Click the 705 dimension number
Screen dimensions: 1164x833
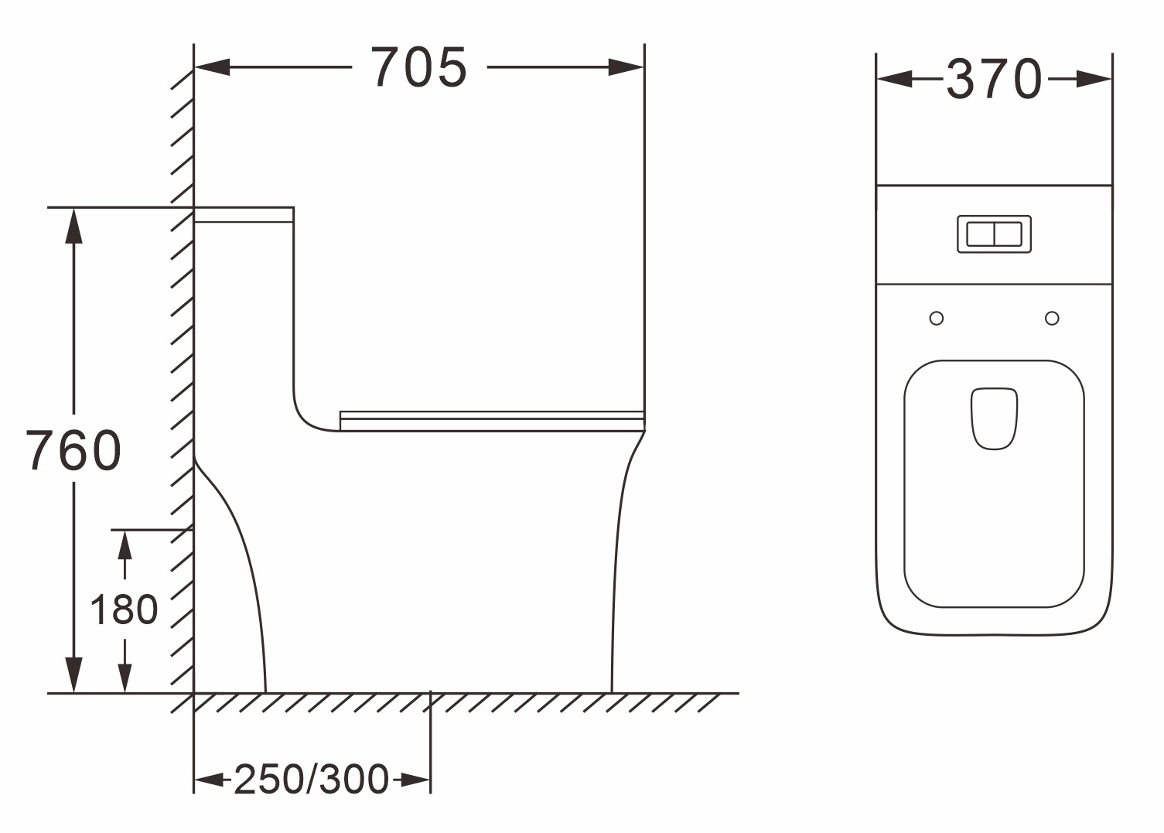[x=419, y=67]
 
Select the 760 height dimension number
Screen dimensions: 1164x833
[x=73, y=450]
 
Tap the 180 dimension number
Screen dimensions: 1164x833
[x=124, y=609]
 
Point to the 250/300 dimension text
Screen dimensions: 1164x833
[x=312, y=780]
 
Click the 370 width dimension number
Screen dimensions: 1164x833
[x=994, y=78]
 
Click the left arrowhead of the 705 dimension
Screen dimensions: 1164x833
[x=212, y=67]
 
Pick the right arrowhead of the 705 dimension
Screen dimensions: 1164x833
[x=626, y=67]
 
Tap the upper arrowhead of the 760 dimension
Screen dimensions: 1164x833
[x=73, y=226]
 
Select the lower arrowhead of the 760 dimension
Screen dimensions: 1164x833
[x=73, y=675]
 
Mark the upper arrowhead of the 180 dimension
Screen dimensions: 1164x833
[x=125, y=545]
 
